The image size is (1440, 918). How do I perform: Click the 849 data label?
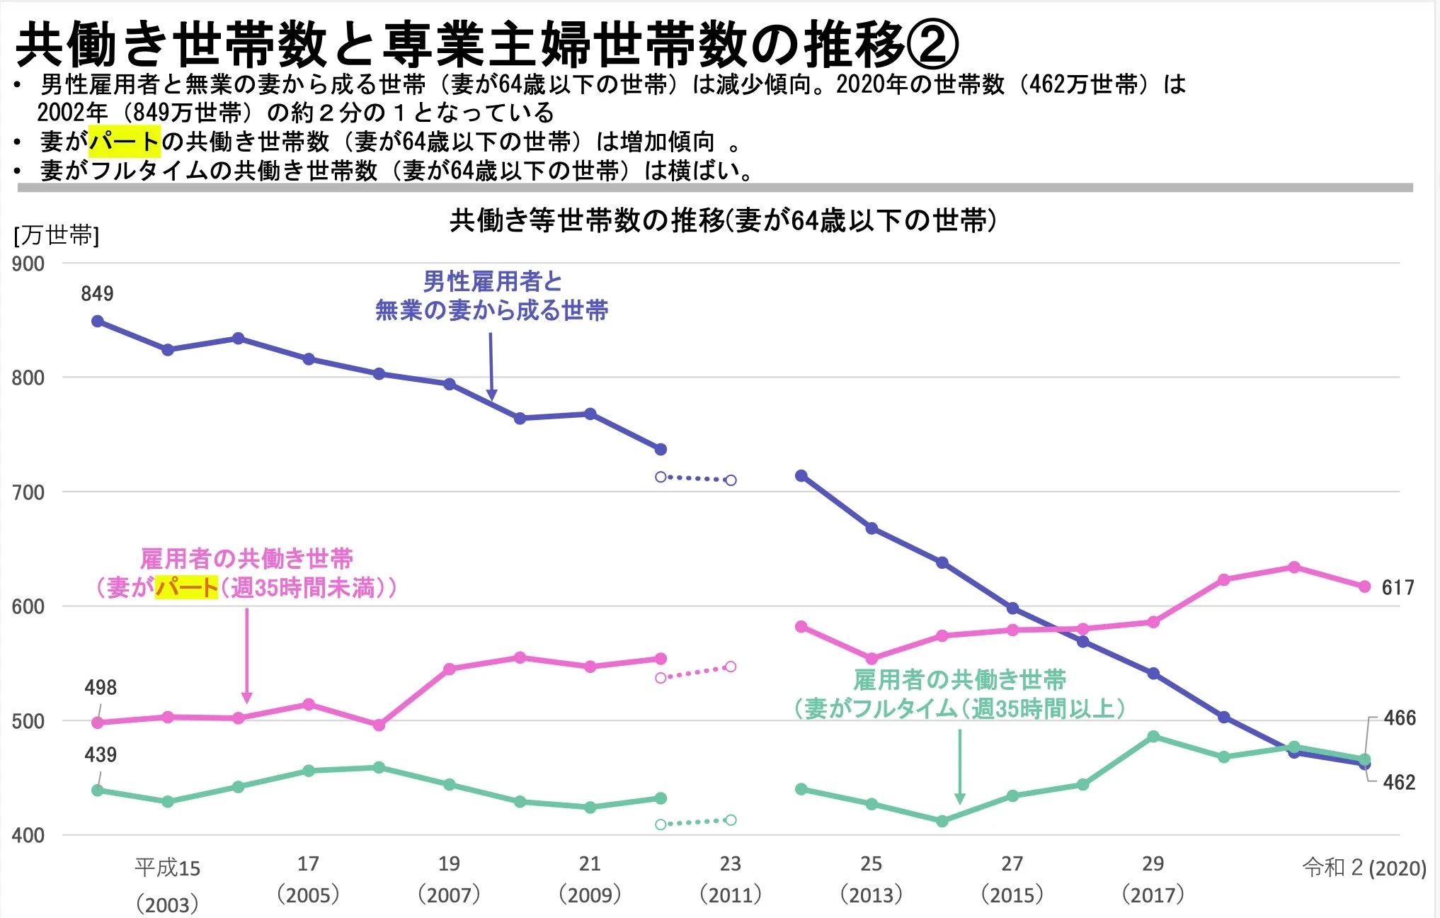tap(97, 293)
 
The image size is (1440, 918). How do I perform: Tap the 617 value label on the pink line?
tap(1398, 587)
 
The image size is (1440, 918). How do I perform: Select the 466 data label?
tap(1400, 718)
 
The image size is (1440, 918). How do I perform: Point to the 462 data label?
tap(1399, 782)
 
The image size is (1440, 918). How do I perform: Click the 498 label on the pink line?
tap(101, 687)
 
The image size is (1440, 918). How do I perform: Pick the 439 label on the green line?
tap(101, 754)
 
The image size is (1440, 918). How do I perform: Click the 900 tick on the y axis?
tap(28, 264)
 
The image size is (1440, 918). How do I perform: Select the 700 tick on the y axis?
tap(28, 492)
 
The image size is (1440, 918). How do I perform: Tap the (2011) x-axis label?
tap(730, 895)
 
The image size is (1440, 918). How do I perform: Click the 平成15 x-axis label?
tap(167, 868)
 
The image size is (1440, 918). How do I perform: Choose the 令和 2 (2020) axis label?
tap(1364, 868)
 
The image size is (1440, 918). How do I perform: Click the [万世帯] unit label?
tap(56, 235)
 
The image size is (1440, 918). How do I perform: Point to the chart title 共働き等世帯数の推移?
tap(723, 221)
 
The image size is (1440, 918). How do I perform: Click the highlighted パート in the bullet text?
tap(125, 142)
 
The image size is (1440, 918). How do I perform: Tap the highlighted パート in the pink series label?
tap(187, 587)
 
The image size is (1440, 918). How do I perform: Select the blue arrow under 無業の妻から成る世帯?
tap(491, 366)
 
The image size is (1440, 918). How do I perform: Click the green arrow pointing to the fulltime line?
tap(959, 766)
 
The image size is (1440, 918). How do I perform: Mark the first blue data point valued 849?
tap(98, 322)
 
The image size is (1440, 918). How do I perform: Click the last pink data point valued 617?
tap(1364, 586)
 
